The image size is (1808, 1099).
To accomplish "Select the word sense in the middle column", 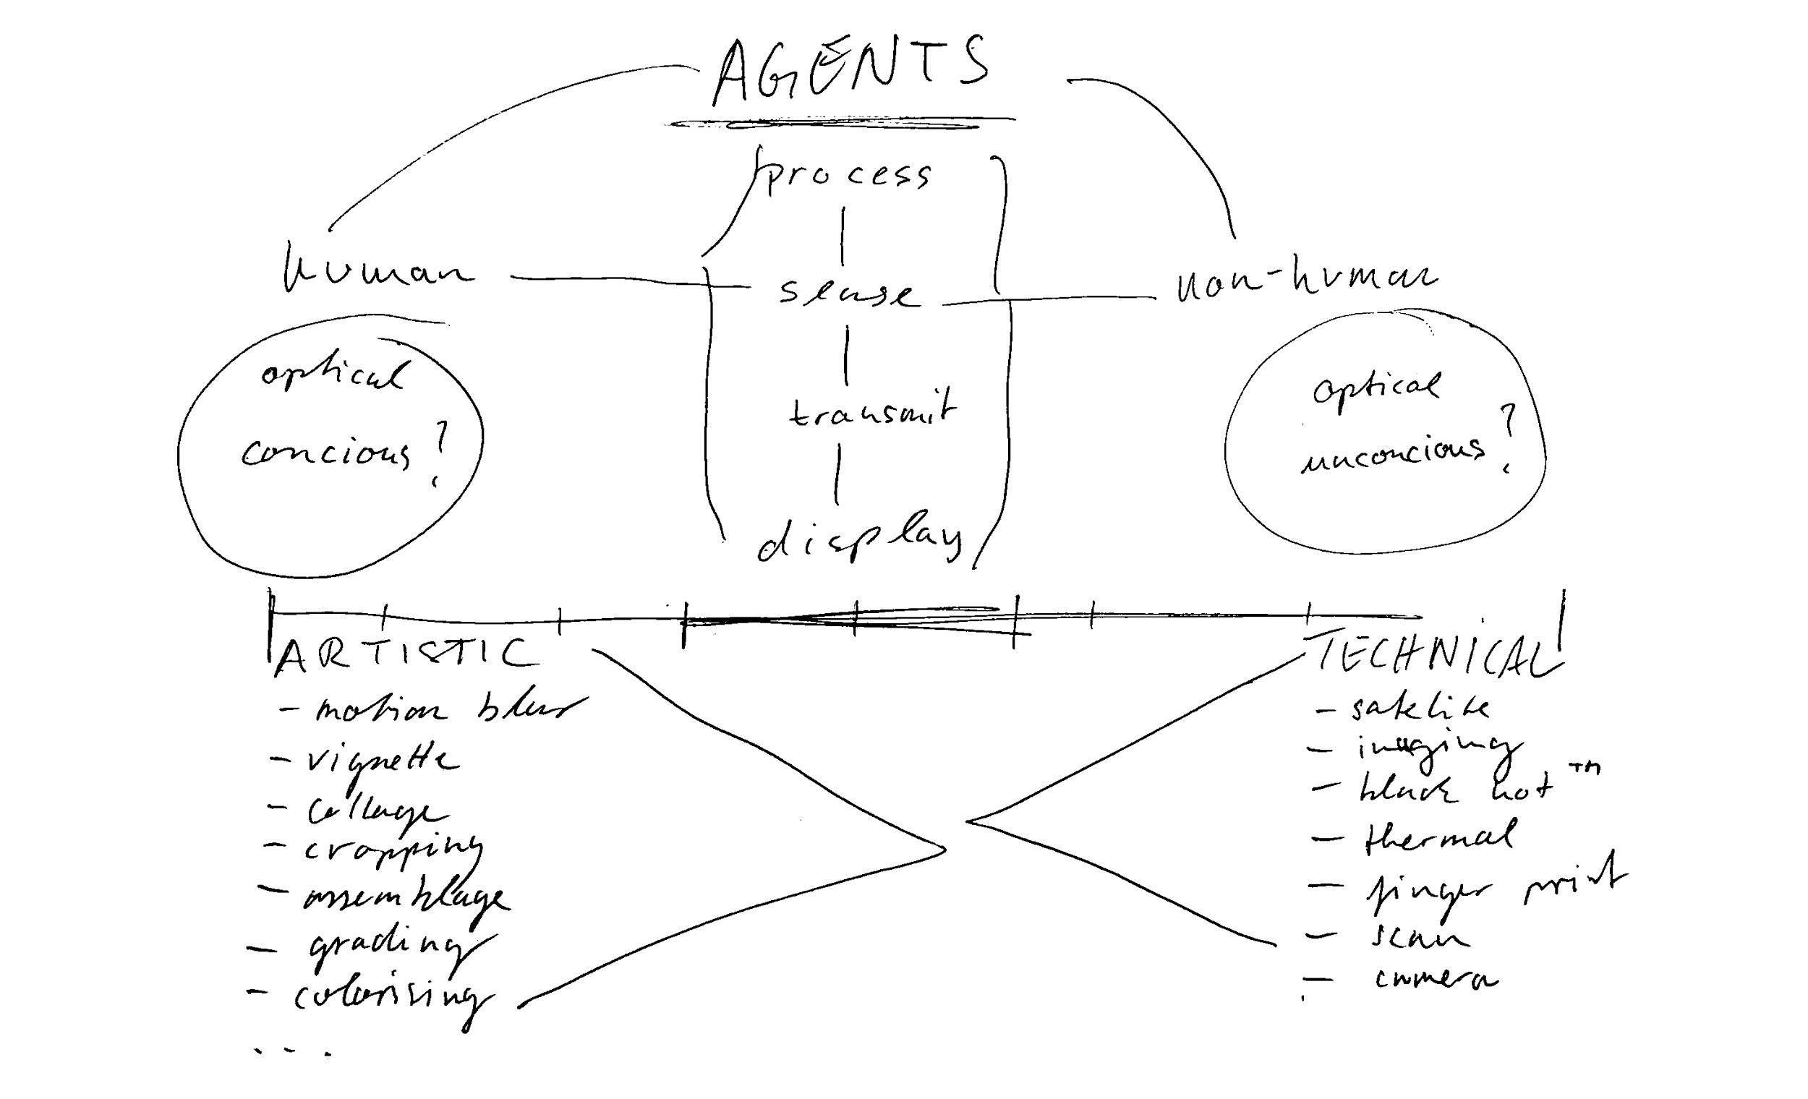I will pyautogui.click(x=848, y=294).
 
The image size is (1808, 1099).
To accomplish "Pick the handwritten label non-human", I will pyautogui.click(x=1306, y=283).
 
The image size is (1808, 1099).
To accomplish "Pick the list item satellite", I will pyautogui.click(x=1420, y=708).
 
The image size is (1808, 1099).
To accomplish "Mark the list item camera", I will pyautogui.click(x=1435, y=980).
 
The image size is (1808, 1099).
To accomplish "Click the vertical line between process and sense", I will pyautogui.click(x=843, y=235).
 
